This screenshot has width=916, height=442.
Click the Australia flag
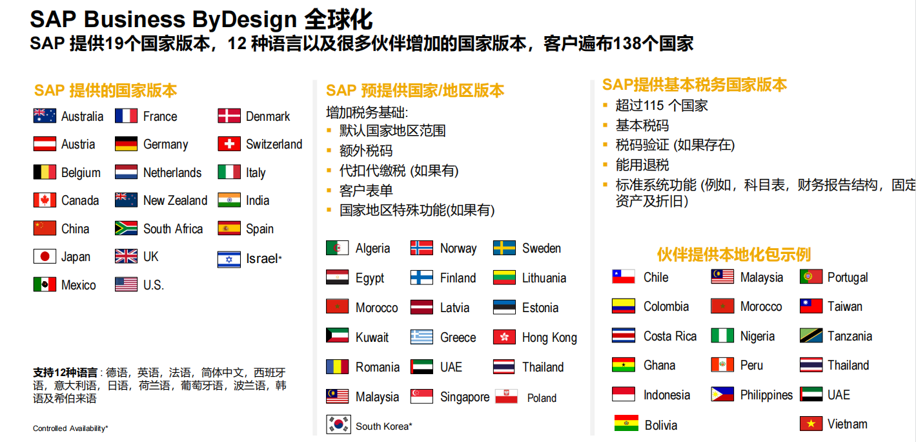coord(45,116)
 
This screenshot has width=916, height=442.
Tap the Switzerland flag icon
coord(229,143)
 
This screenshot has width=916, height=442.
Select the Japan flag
coord(45,257)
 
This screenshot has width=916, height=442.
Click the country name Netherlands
coord(172,173)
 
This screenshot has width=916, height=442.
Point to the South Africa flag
coord(127,228)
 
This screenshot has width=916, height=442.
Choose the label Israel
coord(262,258)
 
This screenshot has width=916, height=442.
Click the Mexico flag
coord(45,284)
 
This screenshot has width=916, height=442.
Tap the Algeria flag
coord(338,247)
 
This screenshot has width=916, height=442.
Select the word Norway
coord(458,248)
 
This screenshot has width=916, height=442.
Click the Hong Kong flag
coord(504,337)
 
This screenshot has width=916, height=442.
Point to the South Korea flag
coord(338,425)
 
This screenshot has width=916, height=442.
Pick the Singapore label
coord(465,397)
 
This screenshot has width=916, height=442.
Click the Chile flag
coord(624,277)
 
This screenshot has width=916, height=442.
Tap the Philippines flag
coord(722,395)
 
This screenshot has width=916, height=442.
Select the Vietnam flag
coord(811,424)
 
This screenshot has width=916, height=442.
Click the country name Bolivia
coord(661,425)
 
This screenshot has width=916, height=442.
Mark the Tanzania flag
coord(811,335)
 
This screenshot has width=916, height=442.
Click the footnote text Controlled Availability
coord(69,428)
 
